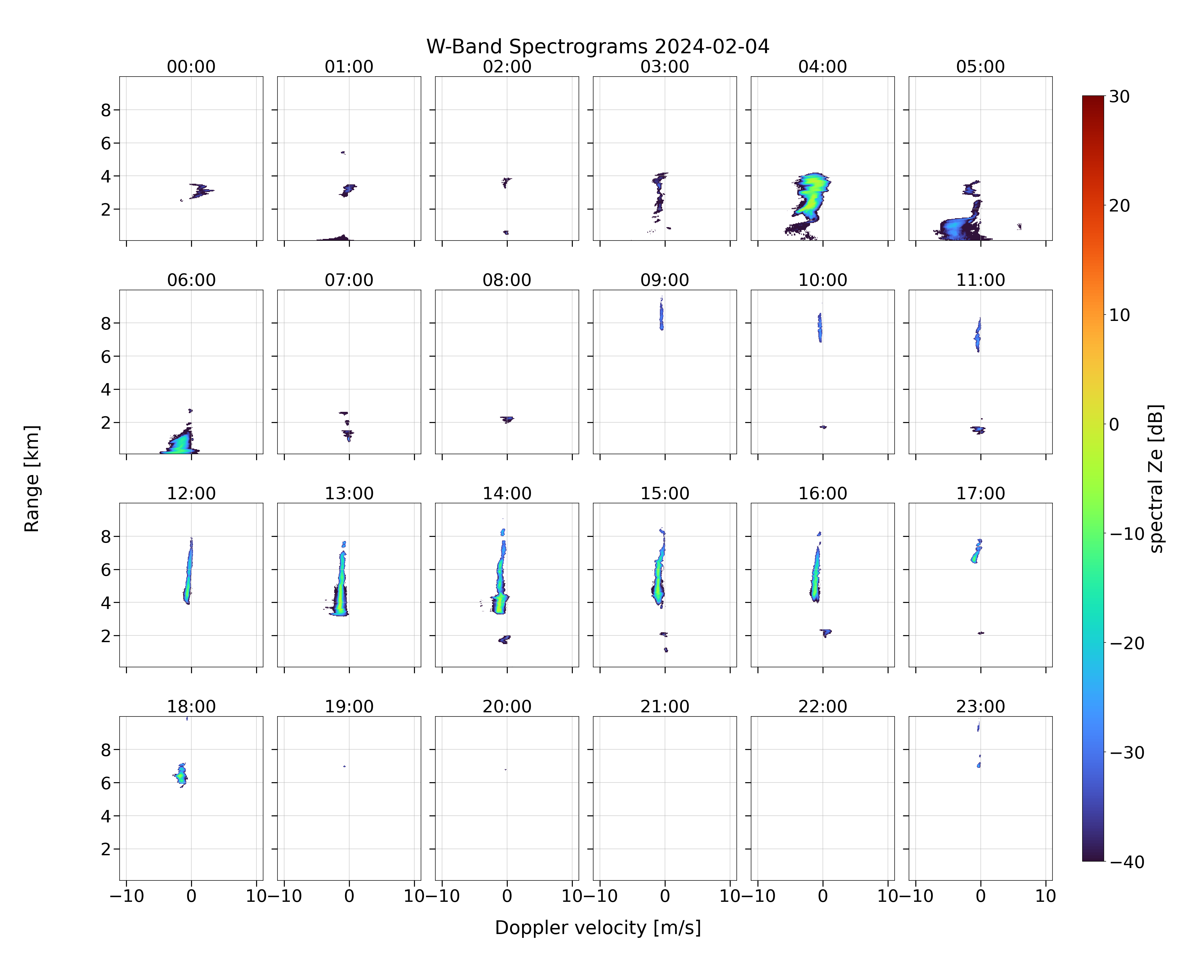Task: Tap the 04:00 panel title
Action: (823, 67)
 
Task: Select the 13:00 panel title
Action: (349, 493)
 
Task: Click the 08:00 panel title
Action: (507, 280)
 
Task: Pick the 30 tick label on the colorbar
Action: (1119, 97)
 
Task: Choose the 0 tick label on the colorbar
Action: (1114, 424)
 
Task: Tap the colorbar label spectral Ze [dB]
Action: (1156, 478)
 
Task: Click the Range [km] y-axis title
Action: (32, 478)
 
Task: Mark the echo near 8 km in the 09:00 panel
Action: (661, 314)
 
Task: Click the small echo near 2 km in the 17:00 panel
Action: (981, 633)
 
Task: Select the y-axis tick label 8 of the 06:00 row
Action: (106, 323)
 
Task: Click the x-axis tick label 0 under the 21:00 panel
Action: (665, 896)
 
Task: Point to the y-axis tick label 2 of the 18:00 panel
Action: (106, 849)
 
